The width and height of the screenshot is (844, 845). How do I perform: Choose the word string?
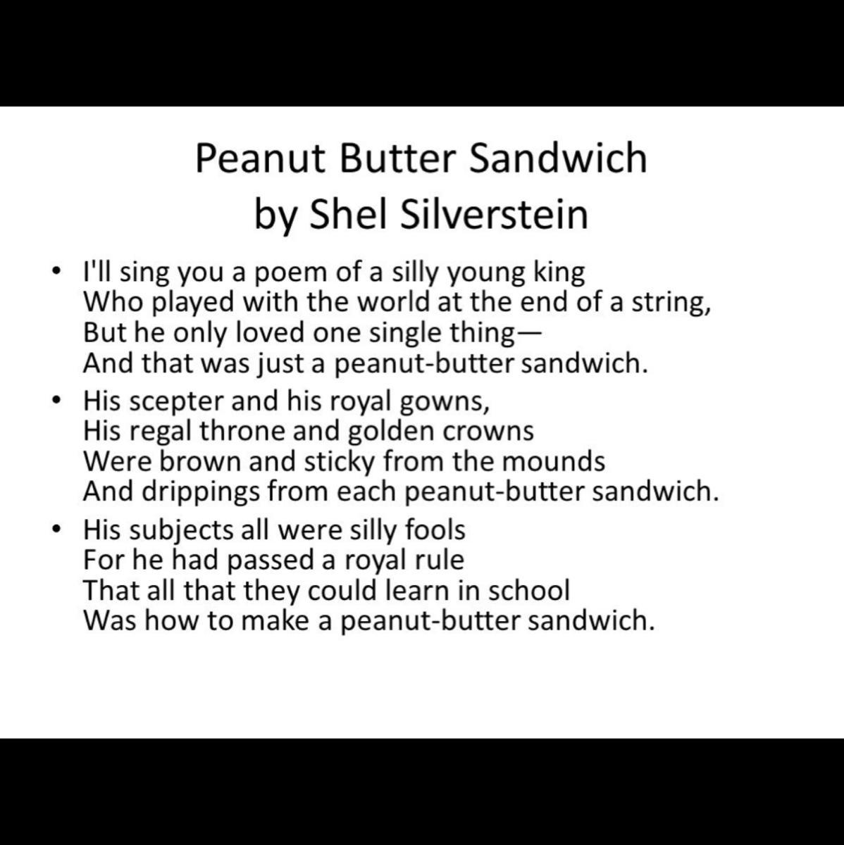(671, 303)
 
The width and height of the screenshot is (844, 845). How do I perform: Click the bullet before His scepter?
(55, 401)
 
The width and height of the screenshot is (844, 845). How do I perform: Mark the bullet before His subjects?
(55, 530)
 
